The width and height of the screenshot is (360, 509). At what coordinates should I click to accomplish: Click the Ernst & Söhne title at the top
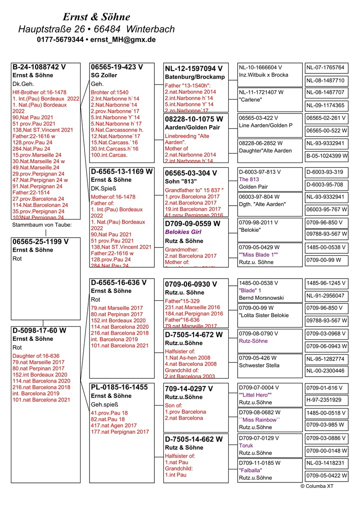(x=96, y=17)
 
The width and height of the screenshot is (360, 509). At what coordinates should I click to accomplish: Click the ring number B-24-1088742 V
(x=39, y=67)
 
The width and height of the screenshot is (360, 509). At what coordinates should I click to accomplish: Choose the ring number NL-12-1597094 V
(x=193, y=68)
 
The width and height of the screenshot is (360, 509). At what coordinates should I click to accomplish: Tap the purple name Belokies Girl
(x=183, y=232)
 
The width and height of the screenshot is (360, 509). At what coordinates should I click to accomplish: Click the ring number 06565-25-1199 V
(x=40, y=241)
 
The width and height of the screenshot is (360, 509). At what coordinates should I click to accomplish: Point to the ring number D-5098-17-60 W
(x=40, y=331)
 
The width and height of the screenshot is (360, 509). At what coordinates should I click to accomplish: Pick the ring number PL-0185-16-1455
(x=119, y=387)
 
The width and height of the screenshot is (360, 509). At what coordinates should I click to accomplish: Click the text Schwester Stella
(x=259, y=365)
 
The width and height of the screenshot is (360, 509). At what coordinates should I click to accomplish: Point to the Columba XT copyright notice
(x=317, y=486)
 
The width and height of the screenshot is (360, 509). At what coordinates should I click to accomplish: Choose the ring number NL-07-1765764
(x=325, y=68)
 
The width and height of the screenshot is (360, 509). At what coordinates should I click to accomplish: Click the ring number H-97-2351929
(x=324, y=400)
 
